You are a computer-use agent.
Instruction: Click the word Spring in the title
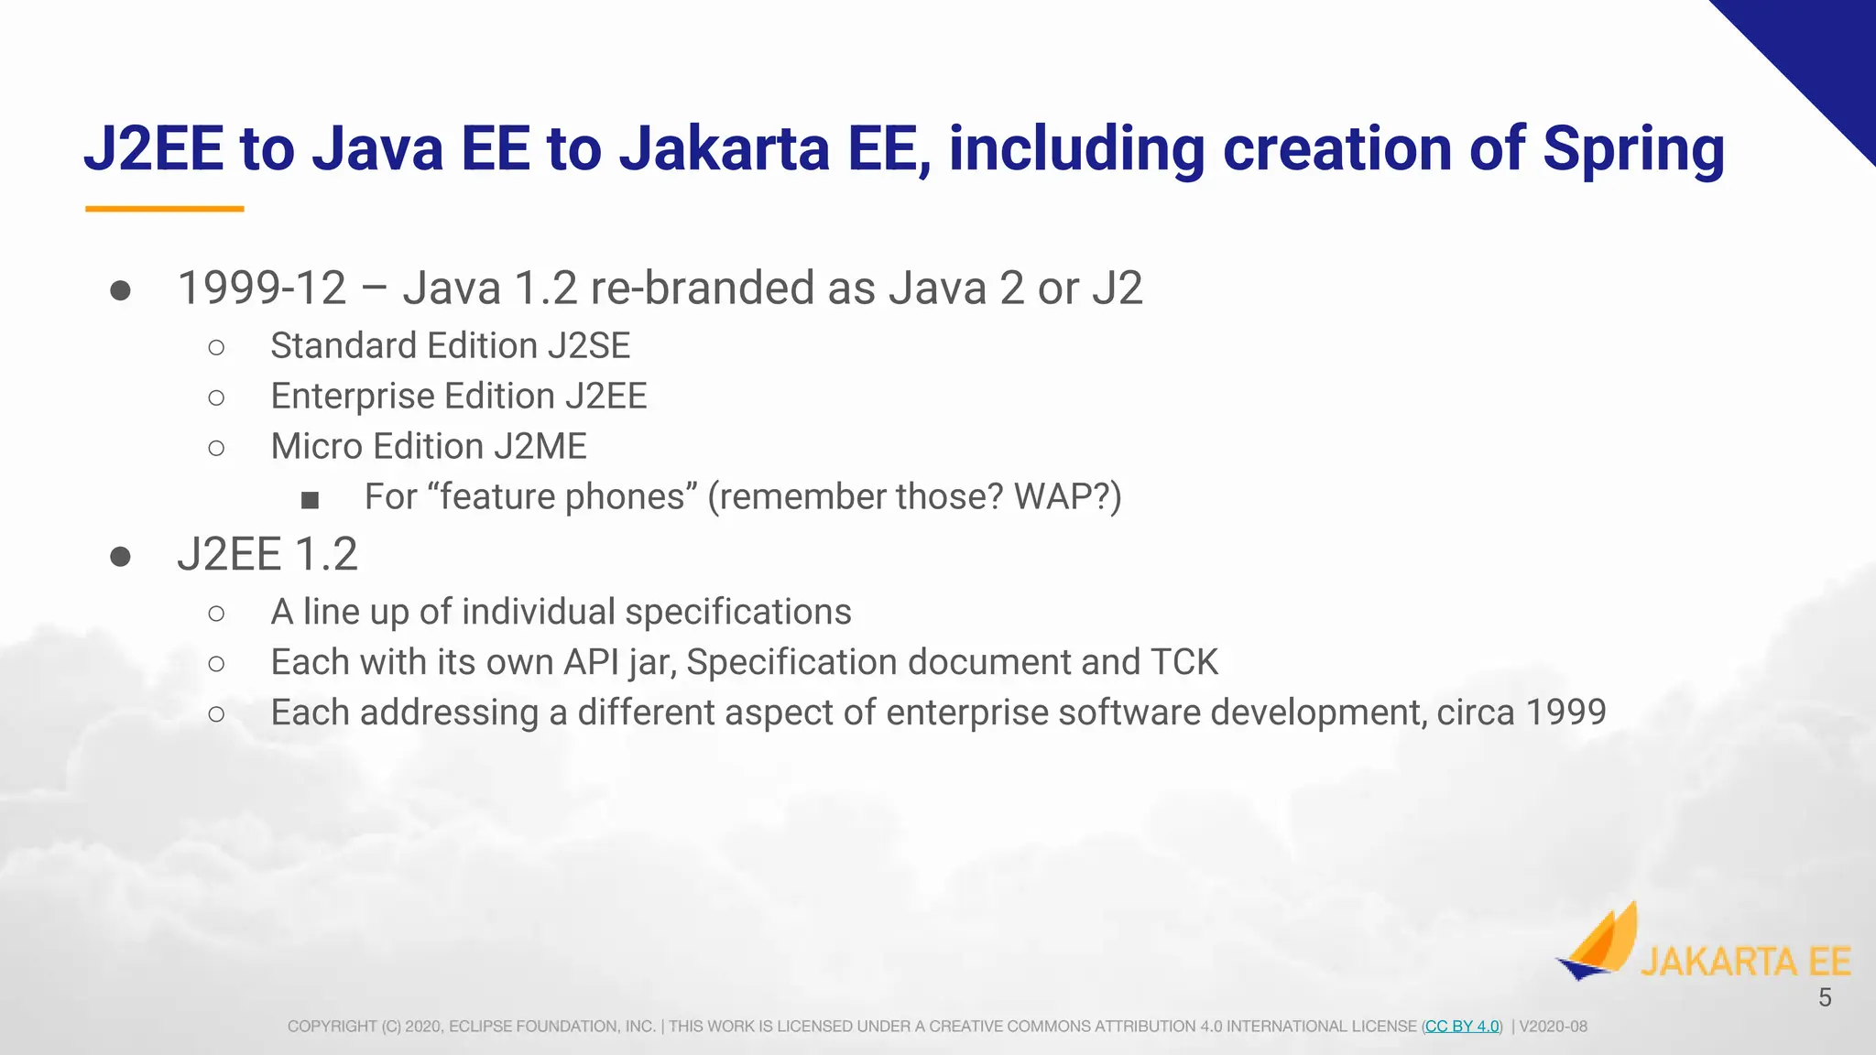pos(1632,149)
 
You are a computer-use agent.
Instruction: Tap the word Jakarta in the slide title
pos(724,149)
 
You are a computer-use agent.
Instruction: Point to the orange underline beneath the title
pos(165,209)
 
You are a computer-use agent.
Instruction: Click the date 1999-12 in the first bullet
pos(262,288)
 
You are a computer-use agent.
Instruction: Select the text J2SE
pos(589,346)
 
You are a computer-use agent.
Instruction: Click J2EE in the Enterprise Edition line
pos(605,397)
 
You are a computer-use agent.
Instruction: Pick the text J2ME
pos(540,447)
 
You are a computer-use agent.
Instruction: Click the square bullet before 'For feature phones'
pos(311,500)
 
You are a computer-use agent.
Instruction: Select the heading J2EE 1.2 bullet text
pos(267,555)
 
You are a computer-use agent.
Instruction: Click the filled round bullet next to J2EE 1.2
pos(120,557)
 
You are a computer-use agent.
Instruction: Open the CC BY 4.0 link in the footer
pos(1462,1027)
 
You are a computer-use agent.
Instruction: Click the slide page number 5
pos(1825,998)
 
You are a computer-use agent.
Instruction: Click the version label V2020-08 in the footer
pos(1553,1027)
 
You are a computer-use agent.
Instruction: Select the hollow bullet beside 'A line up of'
pos(216,614)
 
